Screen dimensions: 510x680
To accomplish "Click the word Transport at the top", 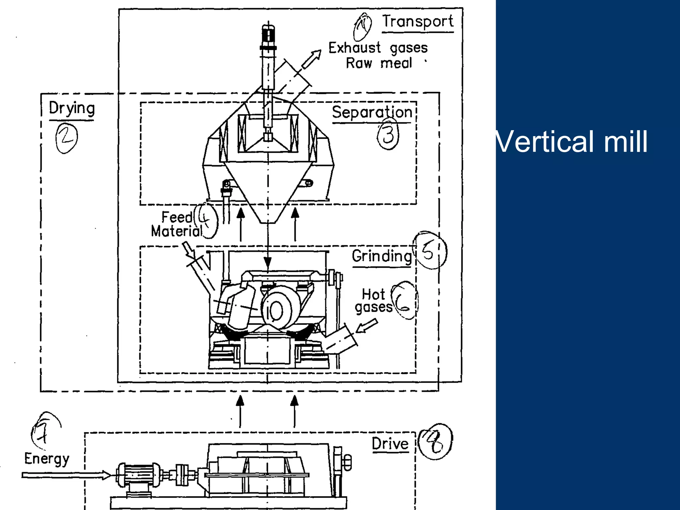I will [418, 22].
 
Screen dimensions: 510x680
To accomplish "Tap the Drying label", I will [72, 109].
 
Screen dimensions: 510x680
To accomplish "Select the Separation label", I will [372, 112].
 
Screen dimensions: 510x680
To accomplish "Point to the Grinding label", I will [382, 256].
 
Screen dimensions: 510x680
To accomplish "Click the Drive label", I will [390, 444].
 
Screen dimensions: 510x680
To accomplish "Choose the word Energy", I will [47, 459].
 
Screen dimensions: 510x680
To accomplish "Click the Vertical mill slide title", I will [571, 141].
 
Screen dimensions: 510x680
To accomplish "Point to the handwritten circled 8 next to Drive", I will [435, 442].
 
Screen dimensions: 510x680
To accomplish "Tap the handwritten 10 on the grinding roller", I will [275, 311].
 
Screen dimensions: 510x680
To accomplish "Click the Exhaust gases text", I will [378, 48].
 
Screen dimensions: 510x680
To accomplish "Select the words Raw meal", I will [379, 63].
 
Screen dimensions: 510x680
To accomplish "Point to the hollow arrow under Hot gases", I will [367, 326].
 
